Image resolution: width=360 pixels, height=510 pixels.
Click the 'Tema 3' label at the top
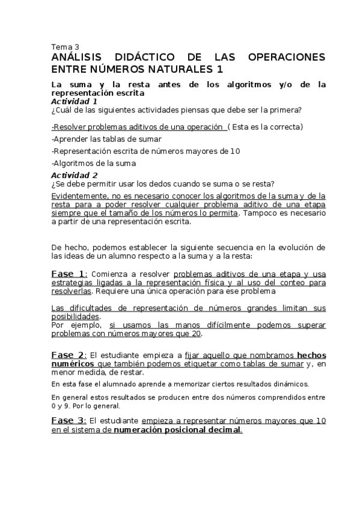pos(66,46)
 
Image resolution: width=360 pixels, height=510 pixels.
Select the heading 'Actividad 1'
pos(74,102)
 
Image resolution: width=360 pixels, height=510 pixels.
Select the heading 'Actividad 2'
pos(74,175)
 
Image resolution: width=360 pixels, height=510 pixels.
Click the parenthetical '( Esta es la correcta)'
pos(265,127)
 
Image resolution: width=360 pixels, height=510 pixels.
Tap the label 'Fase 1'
pos(69,274)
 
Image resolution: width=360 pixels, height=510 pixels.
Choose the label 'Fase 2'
pos(69,355)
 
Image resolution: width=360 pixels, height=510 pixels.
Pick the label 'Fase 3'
pos(69,420)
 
